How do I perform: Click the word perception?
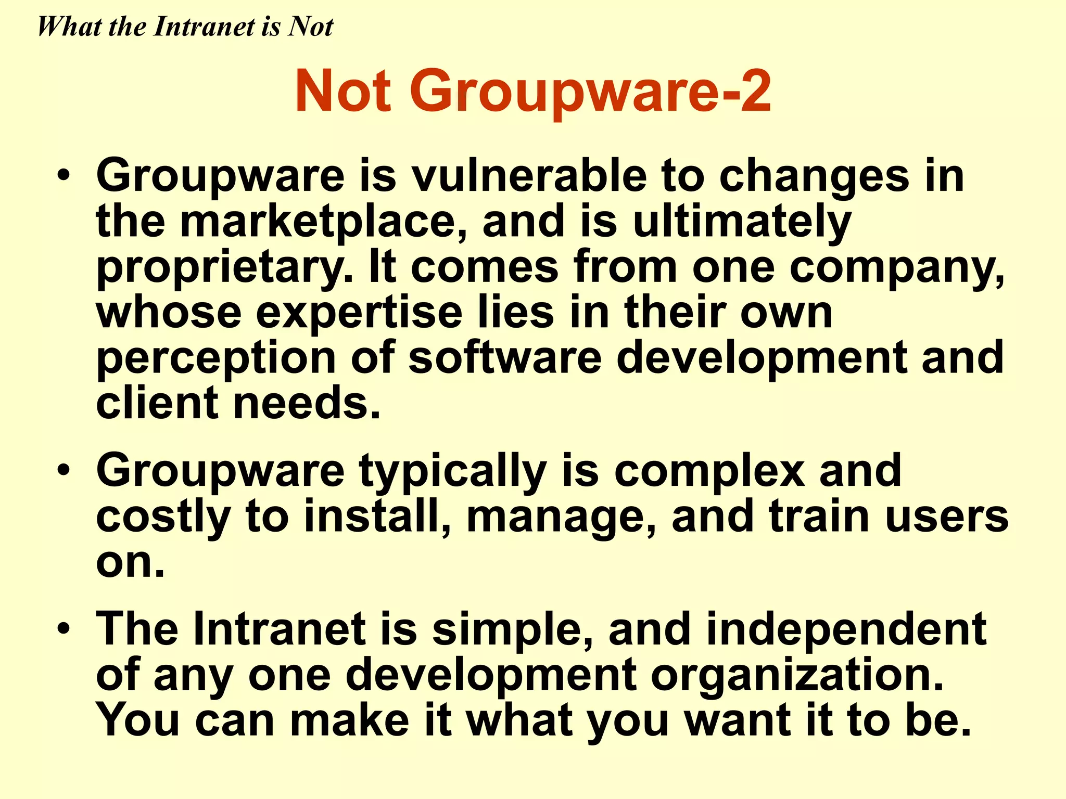[x=216, y=359]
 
